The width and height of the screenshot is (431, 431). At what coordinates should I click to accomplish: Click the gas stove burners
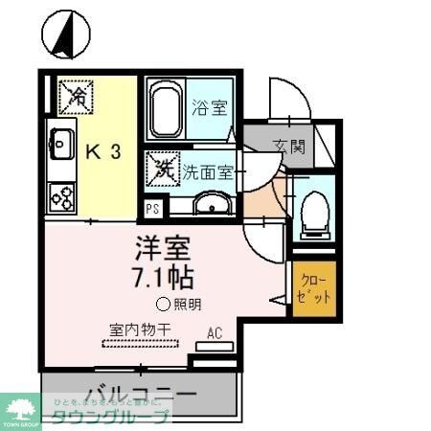pyautogui.click(x=61, y=196)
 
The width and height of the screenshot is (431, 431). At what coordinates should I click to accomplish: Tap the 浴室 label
pyautogui.click(x=210, y=107)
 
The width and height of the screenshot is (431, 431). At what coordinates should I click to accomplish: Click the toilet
pyautogui.click(x=313, y=213)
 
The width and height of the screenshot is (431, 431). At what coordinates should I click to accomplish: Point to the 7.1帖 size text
pyautogui.click(x=163, y=278)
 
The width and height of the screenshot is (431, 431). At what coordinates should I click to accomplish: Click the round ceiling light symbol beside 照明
pyautogui.click(x=162, y=306)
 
